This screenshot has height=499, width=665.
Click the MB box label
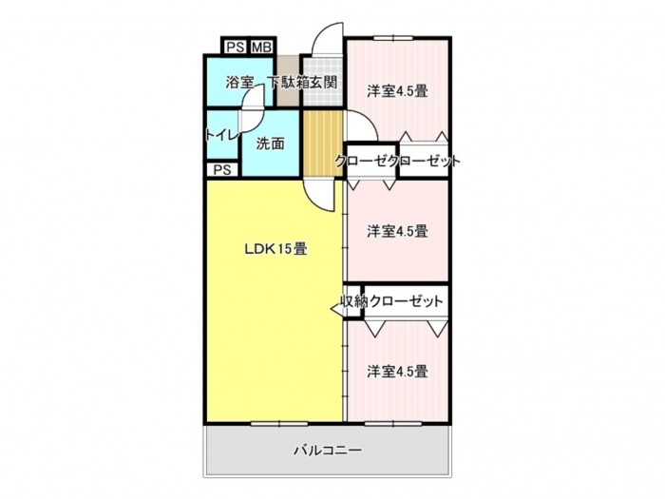coord(261,47)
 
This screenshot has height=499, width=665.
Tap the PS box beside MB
coord(236,47)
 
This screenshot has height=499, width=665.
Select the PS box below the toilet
coord(222,170)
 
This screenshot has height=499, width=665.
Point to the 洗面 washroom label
coord(270,144)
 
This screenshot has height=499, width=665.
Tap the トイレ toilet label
coord(220,135)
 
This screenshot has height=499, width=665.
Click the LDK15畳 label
coord(275,249)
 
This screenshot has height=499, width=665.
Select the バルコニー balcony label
coord(329,450)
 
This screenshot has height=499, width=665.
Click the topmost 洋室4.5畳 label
coord(397,91)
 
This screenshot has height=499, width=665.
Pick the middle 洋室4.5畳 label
coord(397,231)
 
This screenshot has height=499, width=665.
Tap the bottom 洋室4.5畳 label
coord(397,372)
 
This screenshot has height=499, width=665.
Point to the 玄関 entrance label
coord(324,82)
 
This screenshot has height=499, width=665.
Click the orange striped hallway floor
coord(323,143)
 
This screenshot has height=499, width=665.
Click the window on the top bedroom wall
coord(393,38)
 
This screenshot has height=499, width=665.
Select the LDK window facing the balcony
coord(279,423)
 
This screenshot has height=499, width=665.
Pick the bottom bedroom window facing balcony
coord(393,423)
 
